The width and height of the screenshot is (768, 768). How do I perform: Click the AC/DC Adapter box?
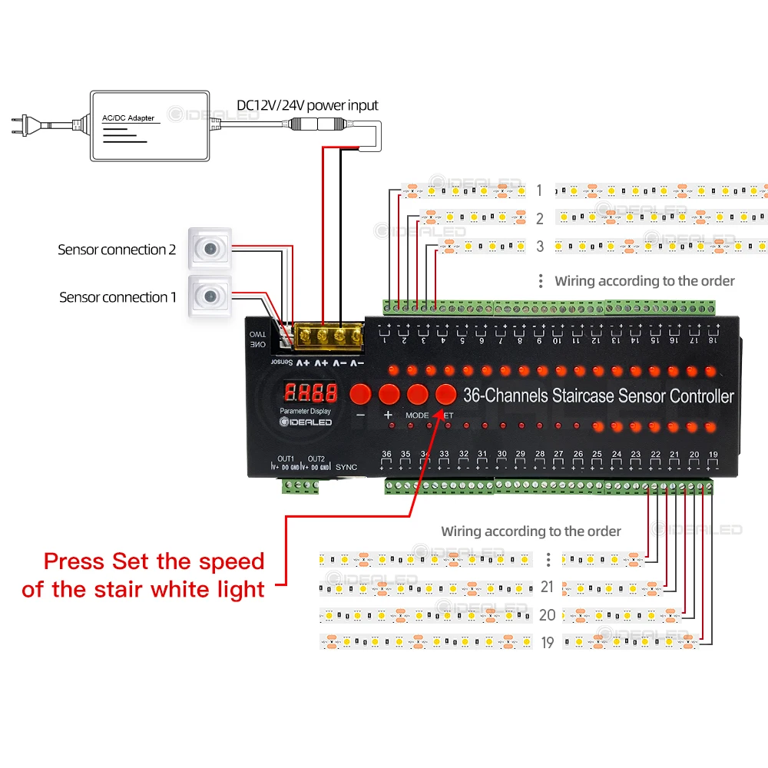coord(150,126)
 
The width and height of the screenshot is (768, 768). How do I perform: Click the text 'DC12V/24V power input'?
coord(306,105)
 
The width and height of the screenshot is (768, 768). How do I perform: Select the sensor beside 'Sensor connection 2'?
coord(210,248)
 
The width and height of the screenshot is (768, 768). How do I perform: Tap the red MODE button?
coord(417,394)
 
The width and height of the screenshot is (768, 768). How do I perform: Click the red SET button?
coord(445,394)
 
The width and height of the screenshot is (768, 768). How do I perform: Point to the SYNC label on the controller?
coord(347,466)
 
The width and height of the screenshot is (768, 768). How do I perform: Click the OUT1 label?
coord(286,458)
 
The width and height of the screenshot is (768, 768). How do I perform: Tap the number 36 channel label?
coord(386,455)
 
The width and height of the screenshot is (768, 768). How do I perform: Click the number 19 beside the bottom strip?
coord(547,642)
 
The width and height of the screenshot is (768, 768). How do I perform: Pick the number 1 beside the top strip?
coord(539,190)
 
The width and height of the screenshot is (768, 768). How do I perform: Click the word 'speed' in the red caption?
coord(230,561)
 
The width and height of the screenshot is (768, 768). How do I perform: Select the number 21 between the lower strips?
coord(547,587)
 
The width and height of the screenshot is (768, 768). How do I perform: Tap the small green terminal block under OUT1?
coord(300,486)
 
